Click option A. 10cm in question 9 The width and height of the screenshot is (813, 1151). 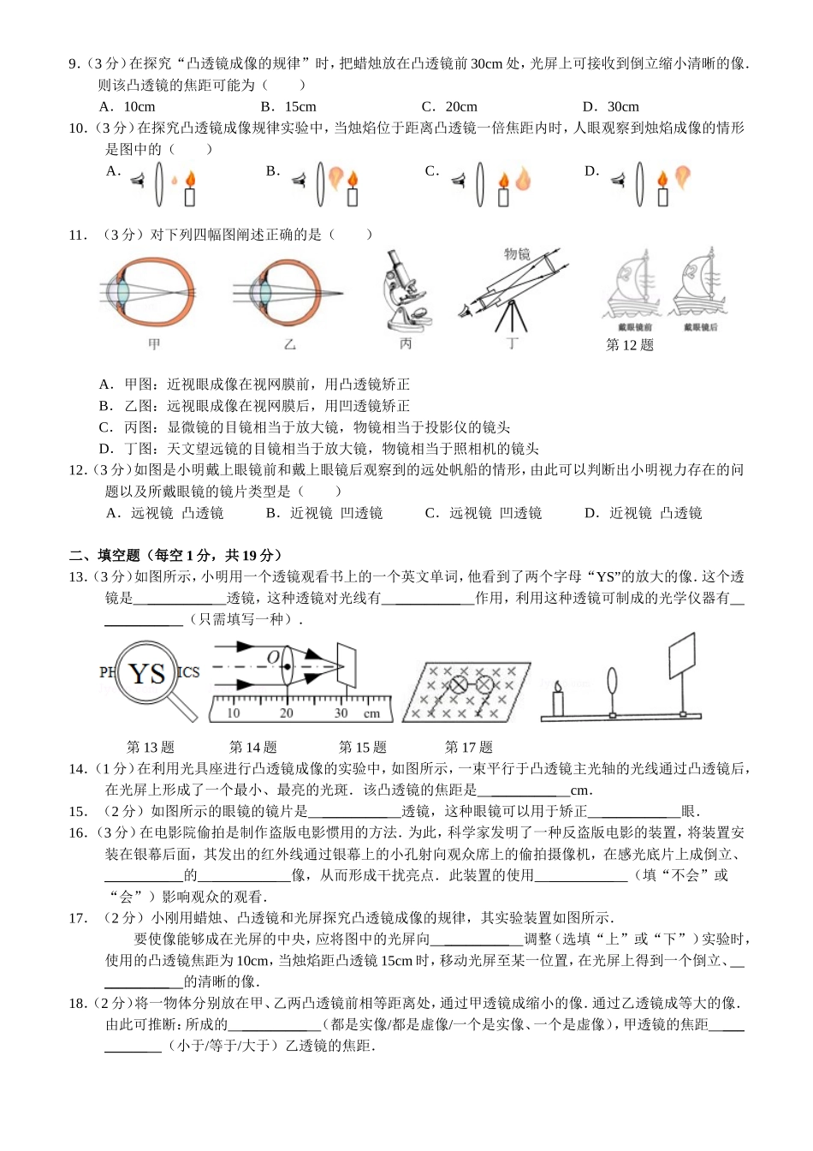[x=127, y=107]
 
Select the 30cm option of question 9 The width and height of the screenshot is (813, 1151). [x=611, y=107]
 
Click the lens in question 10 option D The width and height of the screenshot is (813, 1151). [x=639, y=183]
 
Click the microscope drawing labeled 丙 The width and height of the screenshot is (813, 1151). [x=405, y=290]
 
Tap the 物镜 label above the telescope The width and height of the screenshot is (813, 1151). [x=517, y=254]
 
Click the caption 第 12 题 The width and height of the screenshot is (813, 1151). [x=629, y=345]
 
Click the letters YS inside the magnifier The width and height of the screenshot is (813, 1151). [x=146, y=673]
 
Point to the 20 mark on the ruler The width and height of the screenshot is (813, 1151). [x=286, y=713]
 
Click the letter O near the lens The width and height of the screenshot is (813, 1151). [x=273, y=657]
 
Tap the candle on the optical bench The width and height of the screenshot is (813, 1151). [x=558, y=700]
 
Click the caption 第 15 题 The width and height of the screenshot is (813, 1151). [x=362, y=747]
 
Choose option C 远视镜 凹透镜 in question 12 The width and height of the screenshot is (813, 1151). [x=484, y=513]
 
